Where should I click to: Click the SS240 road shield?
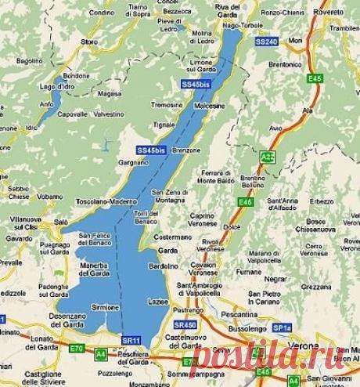coord(266,41)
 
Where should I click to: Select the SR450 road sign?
coord(185,324)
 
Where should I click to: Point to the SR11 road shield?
coord(131,340)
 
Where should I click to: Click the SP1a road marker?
coord(282,327)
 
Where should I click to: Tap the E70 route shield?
coord(75,348)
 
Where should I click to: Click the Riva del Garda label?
coord(228,7)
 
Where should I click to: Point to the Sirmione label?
coord(105,307)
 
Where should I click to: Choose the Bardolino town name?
coord(164,265)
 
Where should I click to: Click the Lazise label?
coord(157,301)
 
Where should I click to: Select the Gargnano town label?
coord(132,161)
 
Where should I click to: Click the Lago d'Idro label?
coord(57,86)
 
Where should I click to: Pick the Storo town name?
coord(89,41)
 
